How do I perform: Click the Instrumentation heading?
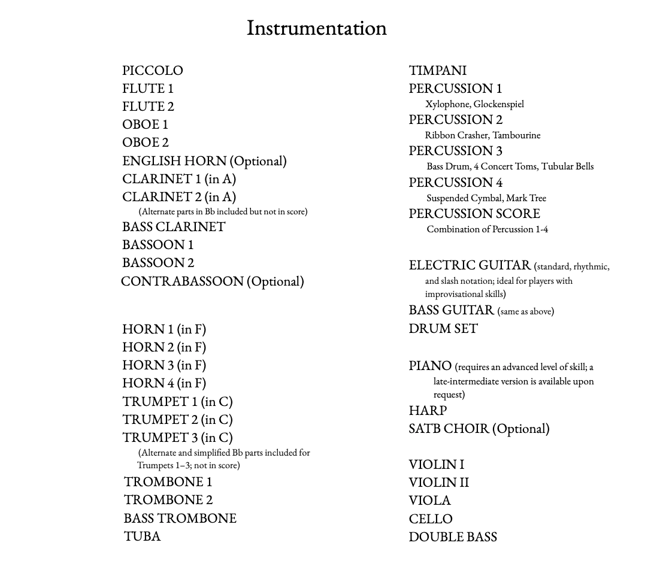click(316, 28)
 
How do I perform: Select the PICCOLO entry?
click(153, 71)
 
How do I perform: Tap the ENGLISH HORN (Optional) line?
click(204, 161)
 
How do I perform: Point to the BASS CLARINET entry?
click(174, 227)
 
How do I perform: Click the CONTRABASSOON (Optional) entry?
click(213, 281)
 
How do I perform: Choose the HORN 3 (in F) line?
click(164, 365)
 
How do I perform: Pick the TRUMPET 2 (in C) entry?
click(177, 420)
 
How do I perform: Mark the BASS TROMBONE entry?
click(180, 519)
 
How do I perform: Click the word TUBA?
click(142, 536)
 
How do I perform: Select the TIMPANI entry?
click(437, 71)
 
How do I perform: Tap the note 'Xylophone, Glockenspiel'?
click(474, 104)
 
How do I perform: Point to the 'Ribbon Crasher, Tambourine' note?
click(483, 135)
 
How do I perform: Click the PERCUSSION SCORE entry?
click(474, 214)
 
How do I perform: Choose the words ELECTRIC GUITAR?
click(470, 265)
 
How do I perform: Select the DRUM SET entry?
click(443, 329)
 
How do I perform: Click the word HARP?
click(428, 411)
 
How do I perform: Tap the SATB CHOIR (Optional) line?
click(479, 429)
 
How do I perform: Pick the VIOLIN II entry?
click(438, 483)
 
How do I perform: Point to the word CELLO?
click(431, 519)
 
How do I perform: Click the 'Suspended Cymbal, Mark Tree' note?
click(486, 198)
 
